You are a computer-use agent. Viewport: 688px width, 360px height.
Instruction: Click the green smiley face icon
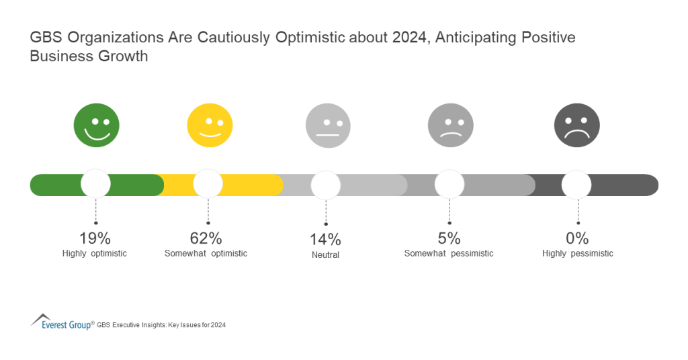(x=96, y=126)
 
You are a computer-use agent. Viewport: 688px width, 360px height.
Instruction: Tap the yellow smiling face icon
(x=210, y=126)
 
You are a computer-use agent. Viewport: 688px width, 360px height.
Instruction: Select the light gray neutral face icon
(x=328, y=126)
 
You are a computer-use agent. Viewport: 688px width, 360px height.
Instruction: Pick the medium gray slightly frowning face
(x=450, y=126)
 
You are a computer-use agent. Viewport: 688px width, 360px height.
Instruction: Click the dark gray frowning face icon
(x=576, y=126)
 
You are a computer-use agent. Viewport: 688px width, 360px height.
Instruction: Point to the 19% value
(x=95, y=238)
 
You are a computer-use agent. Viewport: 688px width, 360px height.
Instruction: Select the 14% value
(x=325, y=239)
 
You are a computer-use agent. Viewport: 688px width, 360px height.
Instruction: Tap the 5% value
(x=449, y=238)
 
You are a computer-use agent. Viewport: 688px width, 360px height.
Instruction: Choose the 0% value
(x=577, y=238)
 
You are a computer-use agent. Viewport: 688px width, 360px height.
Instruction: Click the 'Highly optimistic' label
(x=95, y=254)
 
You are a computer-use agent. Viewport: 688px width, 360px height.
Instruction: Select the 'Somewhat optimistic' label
(x=206, y=254)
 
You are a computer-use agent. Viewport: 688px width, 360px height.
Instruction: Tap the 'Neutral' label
(x=325, y=255)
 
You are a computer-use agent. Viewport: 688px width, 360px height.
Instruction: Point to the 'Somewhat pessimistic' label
(x=449, y=254)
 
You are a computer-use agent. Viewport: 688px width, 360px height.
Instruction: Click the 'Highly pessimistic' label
(x=578, y=254)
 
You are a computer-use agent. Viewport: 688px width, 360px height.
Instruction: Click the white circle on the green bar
(x=95, y=185)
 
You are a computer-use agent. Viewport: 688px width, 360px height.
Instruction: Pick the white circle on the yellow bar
(x=208, y=185)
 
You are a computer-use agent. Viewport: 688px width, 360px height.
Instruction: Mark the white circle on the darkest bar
(x=576, y=185)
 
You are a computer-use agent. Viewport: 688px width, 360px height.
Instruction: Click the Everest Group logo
(x=61, y=322)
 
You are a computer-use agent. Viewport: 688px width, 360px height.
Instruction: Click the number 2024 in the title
(x=406, y=38)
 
